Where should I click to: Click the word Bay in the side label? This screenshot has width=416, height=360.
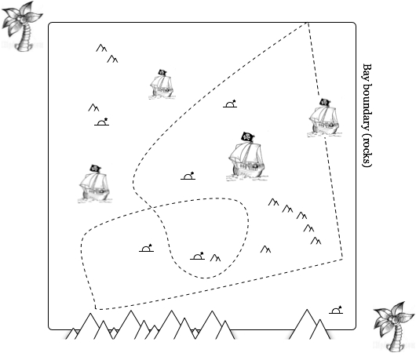(x=367, y=71)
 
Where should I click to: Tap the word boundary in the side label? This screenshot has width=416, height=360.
(x=367, y=107)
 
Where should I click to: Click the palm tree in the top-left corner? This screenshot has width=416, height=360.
(x=22, y=26)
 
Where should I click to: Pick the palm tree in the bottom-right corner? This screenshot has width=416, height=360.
(x=395, y=327)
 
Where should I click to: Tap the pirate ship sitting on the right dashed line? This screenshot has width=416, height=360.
(x=324, y=118)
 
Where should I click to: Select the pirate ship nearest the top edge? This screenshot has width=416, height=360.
(x=162, y=84)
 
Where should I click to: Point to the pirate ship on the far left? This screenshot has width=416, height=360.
(x=94, y=184)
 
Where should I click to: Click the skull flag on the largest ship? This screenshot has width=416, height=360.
(x=247, y=136)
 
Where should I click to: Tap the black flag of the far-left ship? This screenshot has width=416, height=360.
(x=95, y=168)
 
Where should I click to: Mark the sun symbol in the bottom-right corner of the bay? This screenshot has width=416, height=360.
(x=336, y=310)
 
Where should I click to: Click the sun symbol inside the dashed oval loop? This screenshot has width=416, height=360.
(x=197, y=256)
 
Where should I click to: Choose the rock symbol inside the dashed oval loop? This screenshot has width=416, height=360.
(x=215, y=258)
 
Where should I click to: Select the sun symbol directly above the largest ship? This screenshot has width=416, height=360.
(x=230, y=104)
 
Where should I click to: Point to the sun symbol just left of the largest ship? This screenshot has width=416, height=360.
(x=188, y=176)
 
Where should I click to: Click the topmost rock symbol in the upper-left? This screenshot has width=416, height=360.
(x=101, y=48)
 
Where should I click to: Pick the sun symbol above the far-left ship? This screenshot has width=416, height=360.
(x=101, y=122)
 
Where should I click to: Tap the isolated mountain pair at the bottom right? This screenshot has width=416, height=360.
(x=310, y=324)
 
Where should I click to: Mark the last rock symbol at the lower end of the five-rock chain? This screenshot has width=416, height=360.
(x=316, y=241)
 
